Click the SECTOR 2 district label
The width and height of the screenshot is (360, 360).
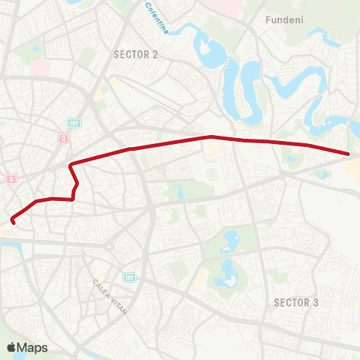coord(136,54)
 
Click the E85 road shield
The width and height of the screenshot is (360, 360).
coord(73,122)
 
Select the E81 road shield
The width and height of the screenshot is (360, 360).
coord(129,277)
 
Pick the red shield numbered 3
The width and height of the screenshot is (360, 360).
coord(10,178)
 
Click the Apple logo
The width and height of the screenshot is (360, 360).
coord(11,346)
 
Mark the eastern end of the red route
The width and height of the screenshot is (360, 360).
coord(349,154)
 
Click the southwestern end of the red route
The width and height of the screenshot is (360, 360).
coord(13,220)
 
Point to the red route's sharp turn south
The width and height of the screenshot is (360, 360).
coord(70,165)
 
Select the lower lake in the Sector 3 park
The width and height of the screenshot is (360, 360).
coord(226,274)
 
